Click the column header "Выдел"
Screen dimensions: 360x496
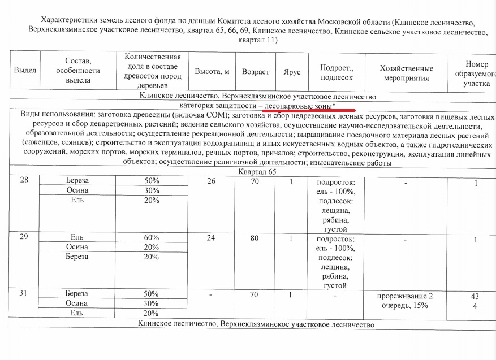coord(25,71)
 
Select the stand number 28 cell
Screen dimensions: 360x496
coord(24,180)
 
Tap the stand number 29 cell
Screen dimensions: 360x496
coord(24,237)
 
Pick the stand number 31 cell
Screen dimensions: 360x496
coord(24,294)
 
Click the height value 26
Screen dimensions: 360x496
coord(211,181)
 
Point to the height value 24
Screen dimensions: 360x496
coord(211,238)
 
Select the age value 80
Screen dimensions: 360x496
coord(255,238)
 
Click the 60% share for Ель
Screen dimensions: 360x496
coord(151,237)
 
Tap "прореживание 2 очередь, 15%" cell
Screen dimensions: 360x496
coord(406,300)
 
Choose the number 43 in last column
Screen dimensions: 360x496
coord(475,296)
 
